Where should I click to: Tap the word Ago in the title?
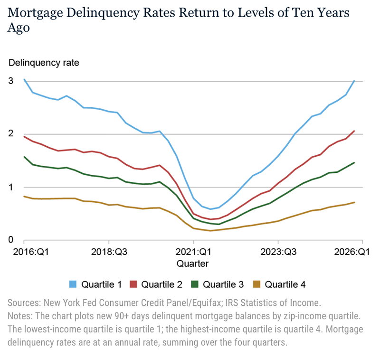pyautogui.click(x=19, y=28)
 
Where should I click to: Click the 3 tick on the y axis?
pyautogui.click(x=11, y=81)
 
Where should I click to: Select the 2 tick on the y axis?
pyautogui.click(x=11, y=134)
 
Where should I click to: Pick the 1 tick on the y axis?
pyautogui.click(x=11, y=187)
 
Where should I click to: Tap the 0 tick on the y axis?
pyautogui.click(x=11, y=240)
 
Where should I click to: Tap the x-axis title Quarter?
pyautogui.click(x=192, y=263)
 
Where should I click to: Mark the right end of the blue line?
pyautogui.click(x=354, y=81)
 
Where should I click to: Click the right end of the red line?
pyautogui.click(x=354, y=131)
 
